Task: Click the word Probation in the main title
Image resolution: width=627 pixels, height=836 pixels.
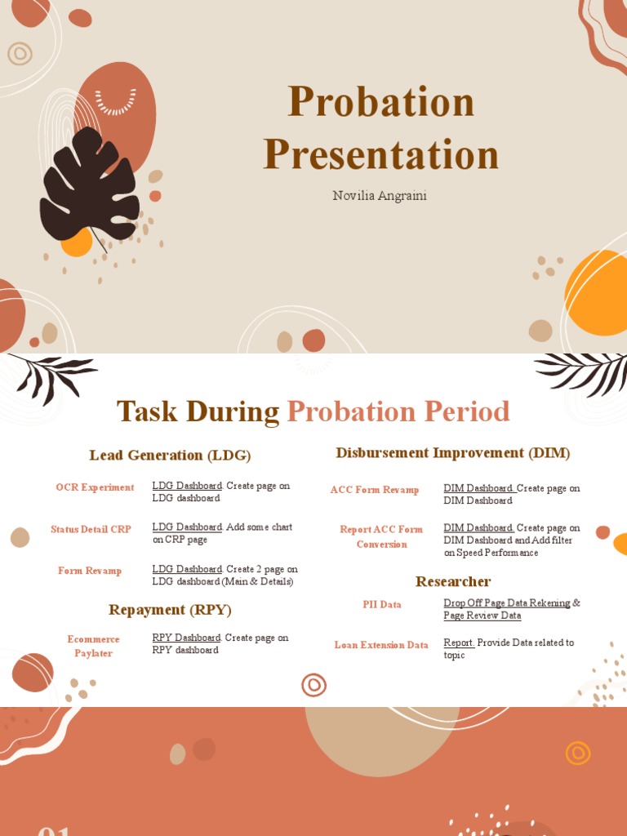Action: pyautogui.click(x=380, y=102)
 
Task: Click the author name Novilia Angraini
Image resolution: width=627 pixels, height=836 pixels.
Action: pyautogui.click(x=380, y=195)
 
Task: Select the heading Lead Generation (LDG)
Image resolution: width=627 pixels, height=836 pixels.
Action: pyautogui.click(x=170, y=455)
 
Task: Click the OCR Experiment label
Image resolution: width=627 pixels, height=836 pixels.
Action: pyautogui.click(x=95, y=487)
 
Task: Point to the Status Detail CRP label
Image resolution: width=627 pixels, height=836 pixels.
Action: pyautogui.click(x=91, y=529)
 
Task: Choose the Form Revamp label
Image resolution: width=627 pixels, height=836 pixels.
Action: pyautogui.click(x=90, y=571)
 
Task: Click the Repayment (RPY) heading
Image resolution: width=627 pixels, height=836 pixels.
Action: pyautogui.click(x=170, y=609)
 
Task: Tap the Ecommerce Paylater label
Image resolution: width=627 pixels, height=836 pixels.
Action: pyautogui.click(x=94, y=646)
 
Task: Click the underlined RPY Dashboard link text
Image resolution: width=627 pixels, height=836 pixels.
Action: pyautogui.click(x=187, y=638)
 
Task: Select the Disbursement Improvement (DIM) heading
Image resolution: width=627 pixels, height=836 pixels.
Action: pyautogui.click(x=452, y=452)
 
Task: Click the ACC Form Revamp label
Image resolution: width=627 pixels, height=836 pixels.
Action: pyautogui.click(x=375, y=490)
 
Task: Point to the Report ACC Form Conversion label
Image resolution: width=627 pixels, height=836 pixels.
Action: pyautogui.click(x=381, y=536)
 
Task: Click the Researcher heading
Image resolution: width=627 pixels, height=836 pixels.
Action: pyautogui.click(x=452, y=581)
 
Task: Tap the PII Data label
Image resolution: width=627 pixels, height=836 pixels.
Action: pyautogui.click(x=382, y=604)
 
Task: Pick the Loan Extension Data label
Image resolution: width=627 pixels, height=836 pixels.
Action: pyautogui.click(x=381, y=645)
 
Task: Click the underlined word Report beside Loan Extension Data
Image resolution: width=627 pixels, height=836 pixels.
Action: pyautogui.click(x=459, y=643)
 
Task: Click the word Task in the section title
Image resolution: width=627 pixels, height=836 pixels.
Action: pyautogui.click(x=147, y=411)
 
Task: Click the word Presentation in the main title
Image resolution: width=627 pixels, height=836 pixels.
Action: pyautogui.click(x=380, y=154)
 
